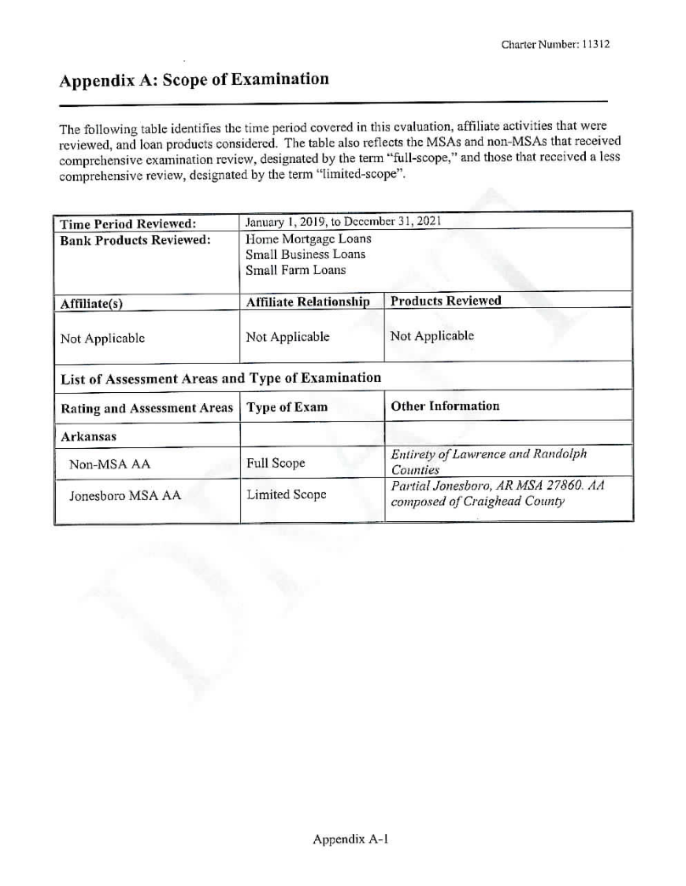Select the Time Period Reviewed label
point(128,223)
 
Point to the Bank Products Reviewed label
point(134,238)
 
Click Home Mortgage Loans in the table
point(308,238)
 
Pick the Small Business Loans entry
point(306,255)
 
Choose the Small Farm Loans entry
point(295,271)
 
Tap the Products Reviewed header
point(446,300)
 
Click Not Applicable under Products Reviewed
point(431,336)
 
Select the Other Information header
point(445,406)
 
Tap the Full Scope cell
point(275,464)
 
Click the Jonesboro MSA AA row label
point(124,496)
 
